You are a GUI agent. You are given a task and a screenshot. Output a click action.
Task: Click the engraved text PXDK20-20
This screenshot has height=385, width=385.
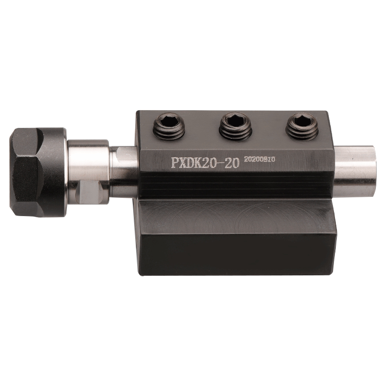[205, 163]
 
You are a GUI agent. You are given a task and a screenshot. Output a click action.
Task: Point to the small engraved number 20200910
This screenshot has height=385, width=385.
[259, 159]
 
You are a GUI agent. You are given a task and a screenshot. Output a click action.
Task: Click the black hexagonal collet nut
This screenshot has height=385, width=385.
[38, 172]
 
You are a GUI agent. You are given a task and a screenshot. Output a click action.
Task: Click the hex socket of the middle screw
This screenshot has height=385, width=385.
[235, 120]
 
